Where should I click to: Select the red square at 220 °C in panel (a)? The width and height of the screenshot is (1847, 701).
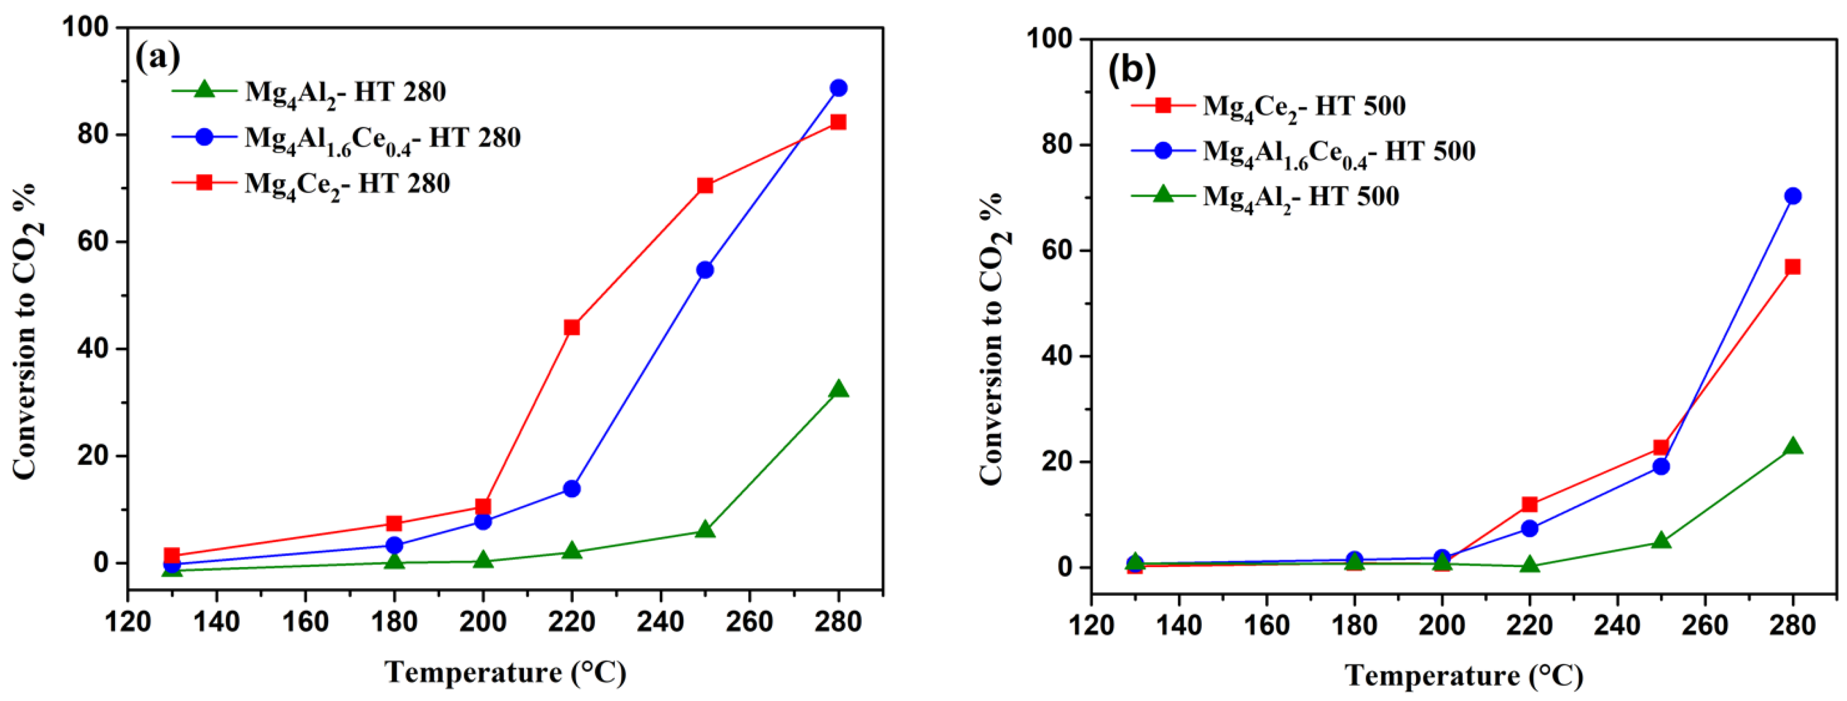tap(571, 328)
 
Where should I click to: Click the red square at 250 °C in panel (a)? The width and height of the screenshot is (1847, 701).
tap(705, 186)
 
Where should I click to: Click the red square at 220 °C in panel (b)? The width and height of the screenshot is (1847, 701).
tap(1530, 504)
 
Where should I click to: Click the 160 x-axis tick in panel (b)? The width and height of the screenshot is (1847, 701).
tap(1266, 625)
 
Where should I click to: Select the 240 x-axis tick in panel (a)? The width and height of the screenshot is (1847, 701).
tap(660, 621)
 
